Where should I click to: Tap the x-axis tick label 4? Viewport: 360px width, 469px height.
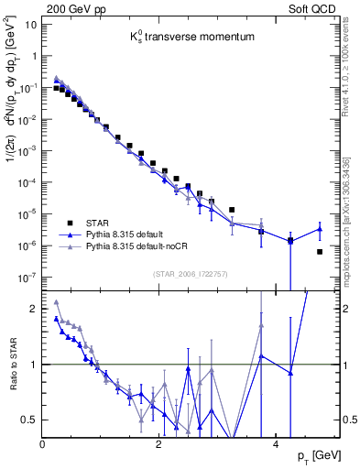(276, 442)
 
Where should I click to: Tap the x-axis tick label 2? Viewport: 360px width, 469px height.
(159, 442)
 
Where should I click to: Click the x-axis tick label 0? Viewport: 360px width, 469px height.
(43, 442)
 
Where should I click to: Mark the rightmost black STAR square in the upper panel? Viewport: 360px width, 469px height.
(319, 251)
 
